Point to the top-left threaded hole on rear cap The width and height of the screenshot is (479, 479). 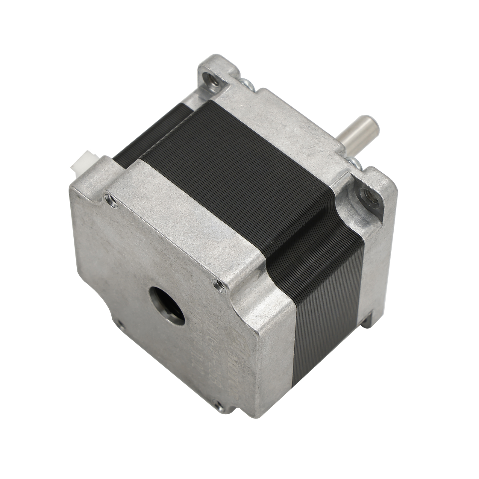click(x=107, y=197)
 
